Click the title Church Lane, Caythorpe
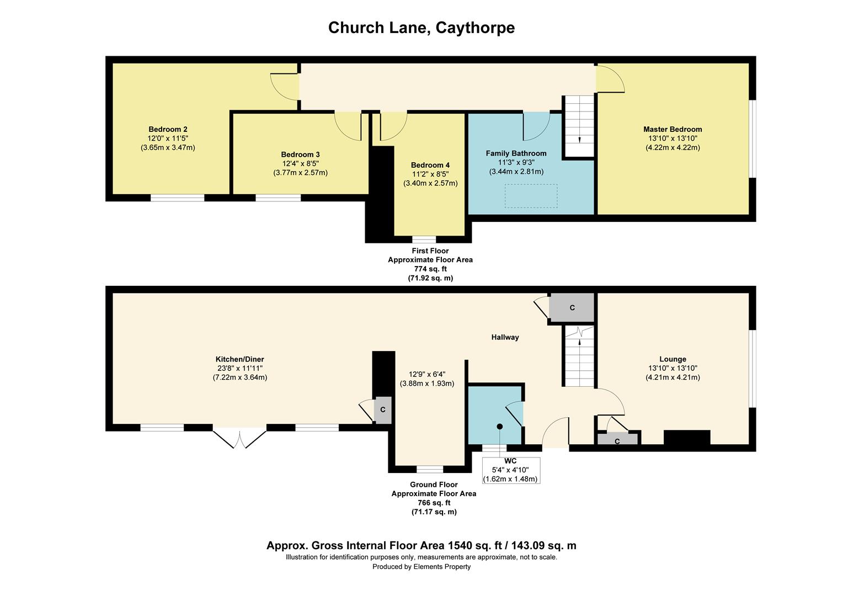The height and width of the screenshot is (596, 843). [x=421, y=28]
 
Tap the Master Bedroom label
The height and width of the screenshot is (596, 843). [x=673, y=129]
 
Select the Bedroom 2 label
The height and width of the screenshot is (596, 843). [x=168, y=129]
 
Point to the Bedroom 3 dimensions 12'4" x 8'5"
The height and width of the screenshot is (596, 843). [x=300, y=163]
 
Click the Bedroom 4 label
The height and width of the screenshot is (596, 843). [x=430, y=165]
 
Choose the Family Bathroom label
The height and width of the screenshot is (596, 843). [x=516, y=153]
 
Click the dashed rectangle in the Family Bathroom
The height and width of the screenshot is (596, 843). [x=531, y=196]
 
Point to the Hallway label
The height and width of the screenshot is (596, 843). [x=505, y=337]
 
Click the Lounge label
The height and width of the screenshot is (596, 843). [x=673, y=359]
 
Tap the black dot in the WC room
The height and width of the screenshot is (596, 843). [x=499, y=427]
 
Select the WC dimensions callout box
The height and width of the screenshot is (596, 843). [x=510, y=470]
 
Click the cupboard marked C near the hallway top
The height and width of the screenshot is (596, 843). [x=572, y=307]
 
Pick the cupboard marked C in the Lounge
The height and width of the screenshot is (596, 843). [x=617, y=440]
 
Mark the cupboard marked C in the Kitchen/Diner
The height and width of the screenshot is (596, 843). [x=382, y=410]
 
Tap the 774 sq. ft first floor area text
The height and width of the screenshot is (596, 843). [x=430, y=269]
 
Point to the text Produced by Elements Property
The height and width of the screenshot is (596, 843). [x=421, y=567]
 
